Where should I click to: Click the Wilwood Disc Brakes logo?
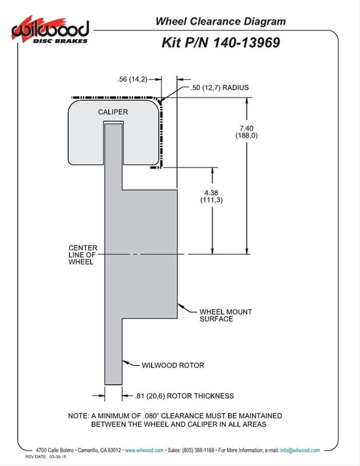pos(50,30)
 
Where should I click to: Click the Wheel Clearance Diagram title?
pos(221,22)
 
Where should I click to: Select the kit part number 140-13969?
pos(246,43)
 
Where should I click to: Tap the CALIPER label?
pos(113,112)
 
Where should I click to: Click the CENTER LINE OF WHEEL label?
pos(83,255)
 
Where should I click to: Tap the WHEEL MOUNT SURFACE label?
pos(226,315)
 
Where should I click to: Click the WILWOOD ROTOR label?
pos(173,365)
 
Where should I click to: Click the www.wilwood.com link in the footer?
pos(144,450)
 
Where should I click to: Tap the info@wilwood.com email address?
pos(300,450)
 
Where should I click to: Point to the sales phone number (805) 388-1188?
pos(198,450)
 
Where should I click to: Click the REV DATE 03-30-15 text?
pos(46,457)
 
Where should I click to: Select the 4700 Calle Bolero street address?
pos(55,450)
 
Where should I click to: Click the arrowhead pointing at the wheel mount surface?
pos(180,306)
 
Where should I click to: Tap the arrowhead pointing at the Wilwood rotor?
pos(125,362)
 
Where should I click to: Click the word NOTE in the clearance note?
pos(78,416)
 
